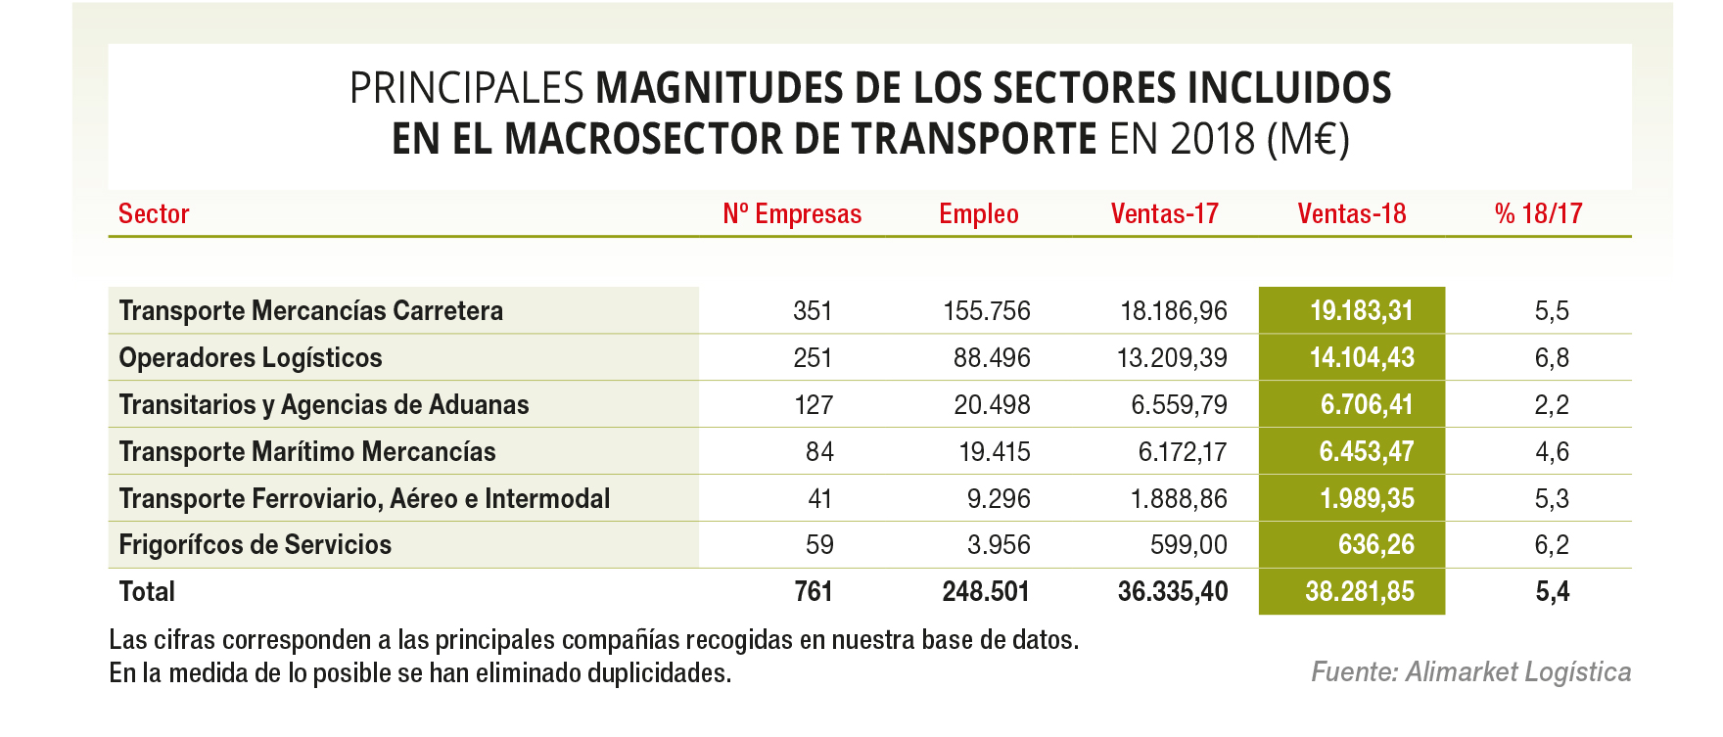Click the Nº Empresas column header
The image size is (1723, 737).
tap(792, 214)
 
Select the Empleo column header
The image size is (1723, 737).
tap(978, 214)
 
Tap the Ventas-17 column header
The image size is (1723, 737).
tap(1164, 214)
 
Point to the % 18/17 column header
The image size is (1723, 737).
tap(1538, 214)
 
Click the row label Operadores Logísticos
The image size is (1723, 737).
tap(251, 358)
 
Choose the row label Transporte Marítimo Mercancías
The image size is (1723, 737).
tap(307, 452)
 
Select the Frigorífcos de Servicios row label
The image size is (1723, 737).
tap(256, 545)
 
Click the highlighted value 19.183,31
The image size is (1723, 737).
tap(1361, 311)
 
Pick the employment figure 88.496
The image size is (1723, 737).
tap(992, 358)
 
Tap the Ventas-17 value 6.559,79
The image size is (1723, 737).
tap(1179, 405)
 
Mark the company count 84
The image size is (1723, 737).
tap(819, 452)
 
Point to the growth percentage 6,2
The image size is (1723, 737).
tap(1552, 545)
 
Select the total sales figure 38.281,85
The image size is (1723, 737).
tap(1359, 592)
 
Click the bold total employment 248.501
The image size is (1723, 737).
tap(986, 592)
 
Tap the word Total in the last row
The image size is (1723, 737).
tap(147, 592)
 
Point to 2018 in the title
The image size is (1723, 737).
tap(1212, 139)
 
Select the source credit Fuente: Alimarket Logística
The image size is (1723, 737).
tap(1470, 672)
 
